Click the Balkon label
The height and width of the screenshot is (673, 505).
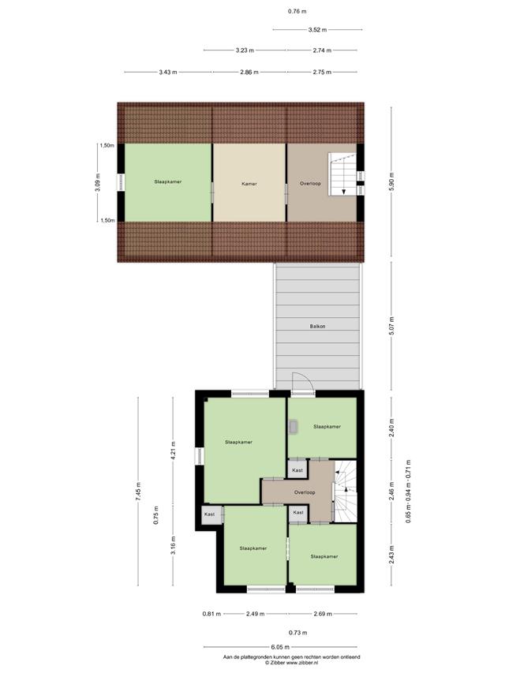point(317,326)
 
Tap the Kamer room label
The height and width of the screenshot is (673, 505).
point(249,184)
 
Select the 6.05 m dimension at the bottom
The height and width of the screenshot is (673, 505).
point(280,647)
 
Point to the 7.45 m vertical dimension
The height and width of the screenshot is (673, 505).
point(138,492)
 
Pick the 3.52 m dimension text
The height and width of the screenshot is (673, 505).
point(317,30)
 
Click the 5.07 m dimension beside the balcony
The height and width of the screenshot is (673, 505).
point(391,326)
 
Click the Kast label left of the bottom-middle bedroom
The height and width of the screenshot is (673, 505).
point(210,514)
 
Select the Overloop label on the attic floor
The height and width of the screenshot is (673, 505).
point(310,183)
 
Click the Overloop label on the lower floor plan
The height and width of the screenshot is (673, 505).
point(305,492)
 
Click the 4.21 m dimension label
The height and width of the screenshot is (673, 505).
point(173,451)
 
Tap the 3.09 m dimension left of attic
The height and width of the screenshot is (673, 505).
point(98,182)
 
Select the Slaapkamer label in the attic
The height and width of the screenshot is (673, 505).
point(168,181)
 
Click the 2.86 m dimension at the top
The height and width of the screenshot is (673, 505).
point(249,72)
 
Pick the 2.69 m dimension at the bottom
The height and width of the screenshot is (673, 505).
point(323,614)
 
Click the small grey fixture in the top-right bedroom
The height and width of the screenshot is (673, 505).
point(294,427)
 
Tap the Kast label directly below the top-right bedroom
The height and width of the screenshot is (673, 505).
point(297,470)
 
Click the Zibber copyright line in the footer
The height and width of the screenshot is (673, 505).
point(291,662)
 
